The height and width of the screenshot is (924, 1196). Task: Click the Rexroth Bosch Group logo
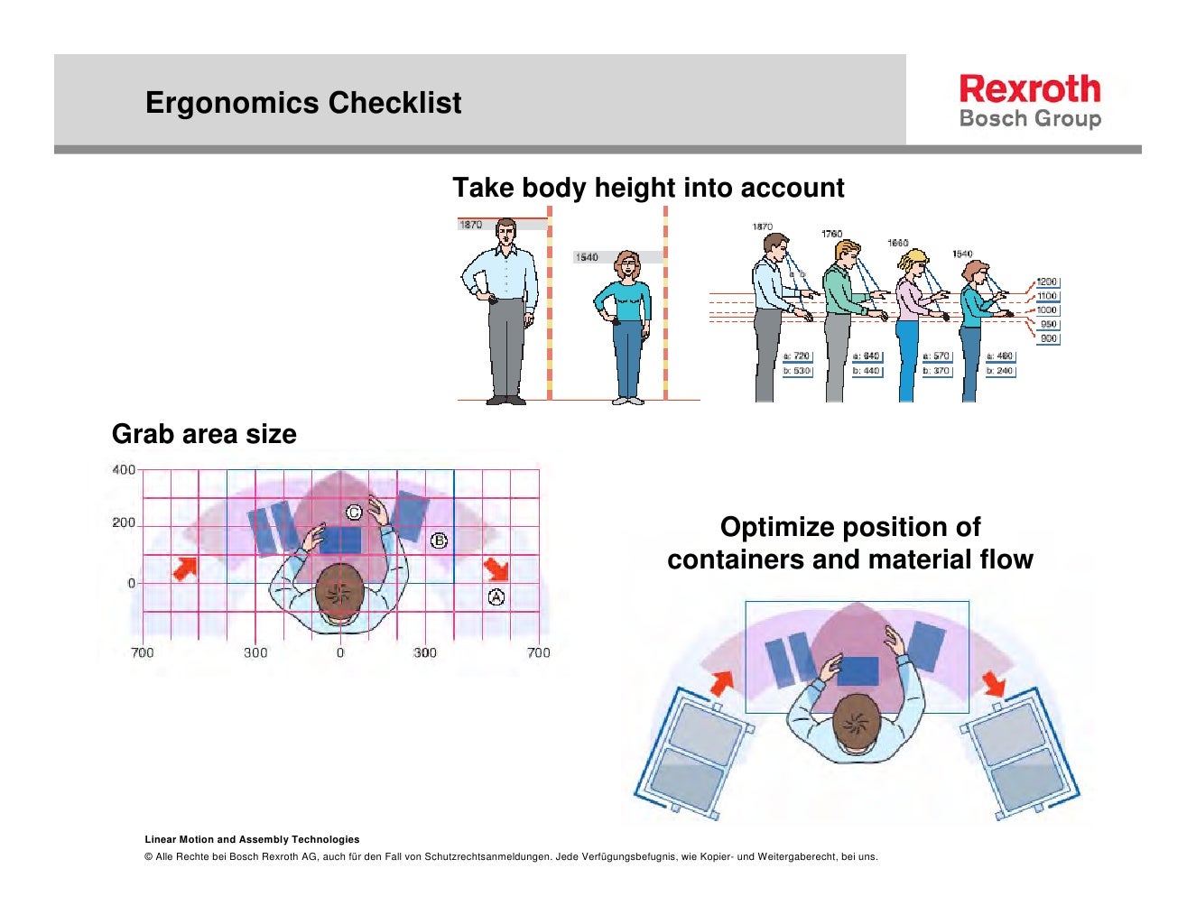[x=1030, y=101]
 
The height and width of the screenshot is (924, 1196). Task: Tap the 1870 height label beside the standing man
[x=471, y=225]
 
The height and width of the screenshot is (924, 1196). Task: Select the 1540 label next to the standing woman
[x=587, y=257]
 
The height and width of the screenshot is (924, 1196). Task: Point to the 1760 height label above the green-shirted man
[x=831, y=235]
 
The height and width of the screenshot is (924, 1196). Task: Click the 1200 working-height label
[x=1046, y=282]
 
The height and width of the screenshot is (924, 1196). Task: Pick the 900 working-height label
[x=1048, y=338]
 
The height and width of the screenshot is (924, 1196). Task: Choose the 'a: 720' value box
[x=797, y=356]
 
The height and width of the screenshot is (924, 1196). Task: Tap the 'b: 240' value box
[x=1000, y=371]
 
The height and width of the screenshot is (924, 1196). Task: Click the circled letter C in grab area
[x=355, y=513]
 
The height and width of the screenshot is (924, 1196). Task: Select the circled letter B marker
[x=439, y=541]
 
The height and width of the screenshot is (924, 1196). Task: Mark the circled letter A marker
[x=496, y=596]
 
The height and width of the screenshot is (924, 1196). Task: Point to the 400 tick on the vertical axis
[x=124, y=469]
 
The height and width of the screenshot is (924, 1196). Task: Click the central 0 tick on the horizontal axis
[x=340, y=652]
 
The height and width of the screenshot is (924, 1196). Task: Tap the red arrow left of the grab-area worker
[x=185, y=568]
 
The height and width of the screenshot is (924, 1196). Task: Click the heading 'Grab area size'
[x=204, y=434]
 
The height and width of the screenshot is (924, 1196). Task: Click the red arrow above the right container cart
[x=994, y=683]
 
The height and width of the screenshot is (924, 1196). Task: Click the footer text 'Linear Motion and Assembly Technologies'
[x=252, y=839]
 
